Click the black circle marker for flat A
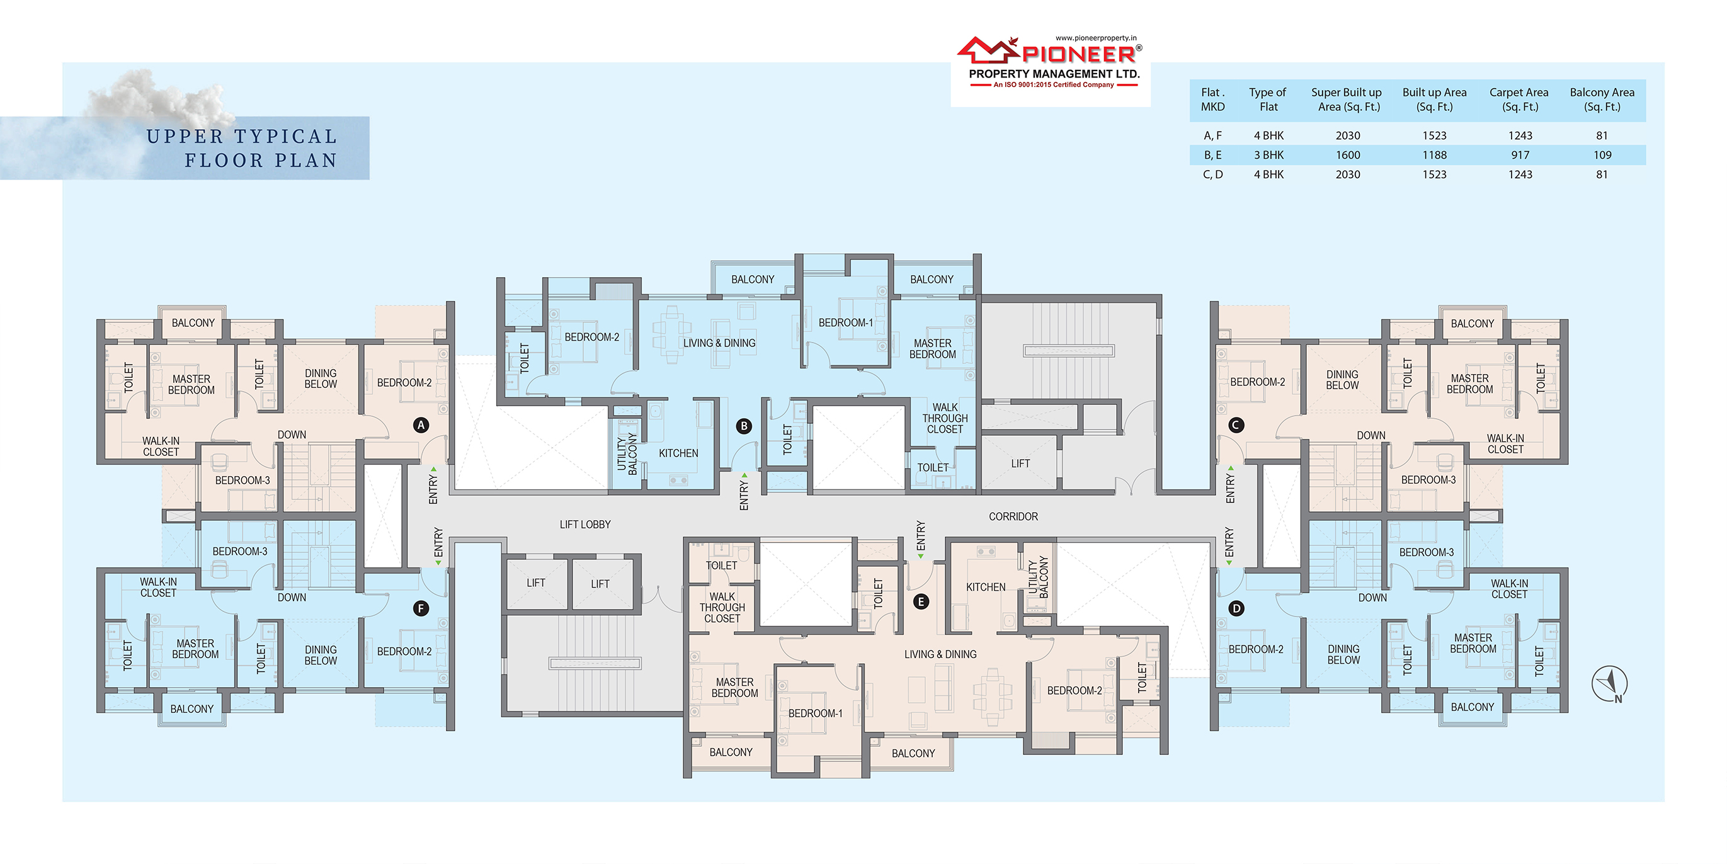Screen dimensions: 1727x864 421,425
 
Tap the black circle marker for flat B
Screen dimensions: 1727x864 743,426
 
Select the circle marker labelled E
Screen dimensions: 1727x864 921,602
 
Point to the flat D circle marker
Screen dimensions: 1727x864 1236,608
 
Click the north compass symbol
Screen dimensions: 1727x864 1610,684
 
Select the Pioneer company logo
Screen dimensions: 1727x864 1051,62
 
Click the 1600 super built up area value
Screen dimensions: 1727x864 1348,155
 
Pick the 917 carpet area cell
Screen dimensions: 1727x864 1520,155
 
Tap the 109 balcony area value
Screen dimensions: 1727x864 1602,155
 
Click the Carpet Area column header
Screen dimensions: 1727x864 1519,99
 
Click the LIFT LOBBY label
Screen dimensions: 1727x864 585,525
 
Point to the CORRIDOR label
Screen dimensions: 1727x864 1013,517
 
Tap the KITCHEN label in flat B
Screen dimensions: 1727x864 678,454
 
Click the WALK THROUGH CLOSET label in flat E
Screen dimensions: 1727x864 722,608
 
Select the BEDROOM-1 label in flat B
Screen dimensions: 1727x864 845,323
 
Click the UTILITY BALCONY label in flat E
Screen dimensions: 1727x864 1038,577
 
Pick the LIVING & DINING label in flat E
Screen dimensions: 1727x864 940,654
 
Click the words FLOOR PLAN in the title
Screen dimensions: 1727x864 261,161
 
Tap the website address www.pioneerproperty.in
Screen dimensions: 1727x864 1096,38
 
